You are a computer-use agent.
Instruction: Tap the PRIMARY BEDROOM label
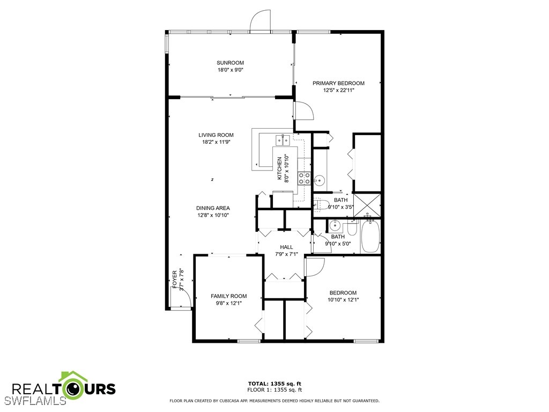pos(339,83)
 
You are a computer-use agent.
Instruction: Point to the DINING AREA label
pos(213,208)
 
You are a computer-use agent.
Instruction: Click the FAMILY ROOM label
pos(228,296)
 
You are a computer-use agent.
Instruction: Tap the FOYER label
pos(175,279)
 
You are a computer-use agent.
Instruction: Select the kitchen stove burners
pos(304,178)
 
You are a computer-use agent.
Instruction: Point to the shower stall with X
pos(367,204)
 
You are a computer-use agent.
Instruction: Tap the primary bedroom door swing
pos(303,112)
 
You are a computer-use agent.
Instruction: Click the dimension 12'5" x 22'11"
pos(339,91)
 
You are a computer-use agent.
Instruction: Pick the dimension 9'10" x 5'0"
pos(338,244)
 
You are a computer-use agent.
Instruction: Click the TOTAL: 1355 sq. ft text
pos(274,383)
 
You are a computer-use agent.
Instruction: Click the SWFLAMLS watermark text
pos(35,401)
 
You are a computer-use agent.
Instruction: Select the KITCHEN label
pos(279,169)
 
